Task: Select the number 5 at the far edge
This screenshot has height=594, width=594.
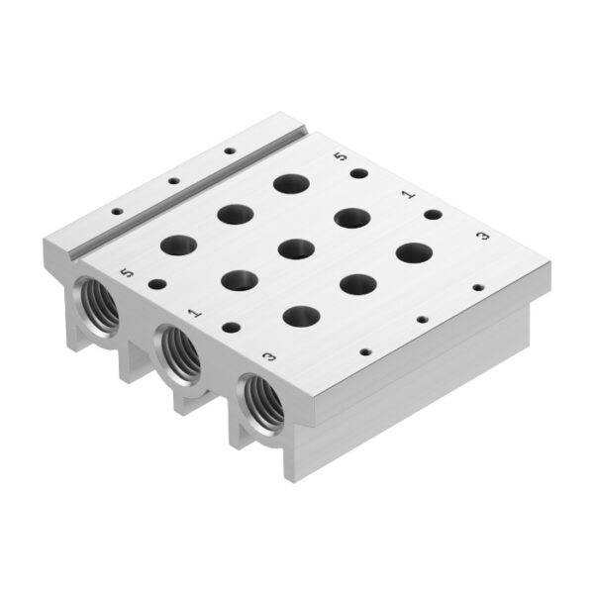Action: pyautogui.click(x=342, y=155)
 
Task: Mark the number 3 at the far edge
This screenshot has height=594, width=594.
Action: pyautogui.click(x=482, y=236)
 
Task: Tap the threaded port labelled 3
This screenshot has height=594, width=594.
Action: pyautogui.click(x=263, y=400)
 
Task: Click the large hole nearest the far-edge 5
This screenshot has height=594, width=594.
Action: pyautogui.click(x=291, y=183)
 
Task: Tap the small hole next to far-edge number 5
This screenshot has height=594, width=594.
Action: pyautogui.click(x=359, y=174)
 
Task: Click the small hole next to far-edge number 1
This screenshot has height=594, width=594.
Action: pyautogui.click(x=433, y=214)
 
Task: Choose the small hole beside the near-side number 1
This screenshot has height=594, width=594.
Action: pyautogui.click(x=231, y=327)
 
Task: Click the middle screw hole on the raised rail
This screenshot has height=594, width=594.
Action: pyautogui.click(x=172, y=182)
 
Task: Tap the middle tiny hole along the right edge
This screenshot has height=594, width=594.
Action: pyautogui.click(x=423, y=320)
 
